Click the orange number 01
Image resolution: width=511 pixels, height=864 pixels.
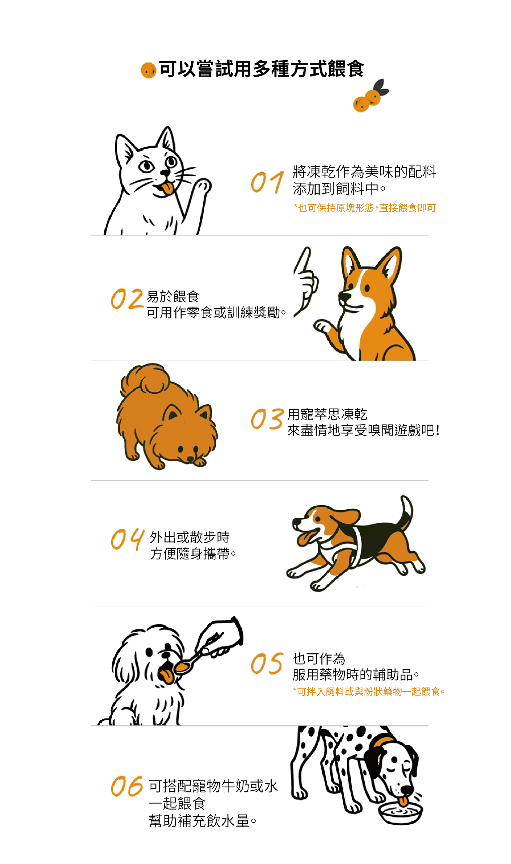pyautogui.click(x=267, y=182)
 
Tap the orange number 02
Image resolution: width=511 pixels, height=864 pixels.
pyautogui.click(x=127, y=299)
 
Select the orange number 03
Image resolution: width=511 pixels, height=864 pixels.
pyautogui.click(x=267, y=419)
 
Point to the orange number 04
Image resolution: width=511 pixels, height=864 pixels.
pyautogui.click(x=127, y=539)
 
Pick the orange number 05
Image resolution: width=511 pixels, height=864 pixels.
pyautogui.click(x=267, y=664)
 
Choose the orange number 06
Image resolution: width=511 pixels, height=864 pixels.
pyautogui.click(x=127, y=786)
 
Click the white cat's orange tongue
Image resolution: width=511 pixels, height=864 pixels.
pyautogui.click(x=167, y=189)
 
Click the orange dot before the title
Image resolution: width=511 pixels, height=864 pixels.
pyautogui.click(x=148, y=70)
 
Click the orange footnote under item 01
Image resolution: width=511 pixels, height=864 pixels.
pyautogui.click(x=365, y=208)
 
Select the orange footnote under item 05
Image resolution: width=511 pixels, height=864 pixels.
pyautogui.click(x=369, y=691)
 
